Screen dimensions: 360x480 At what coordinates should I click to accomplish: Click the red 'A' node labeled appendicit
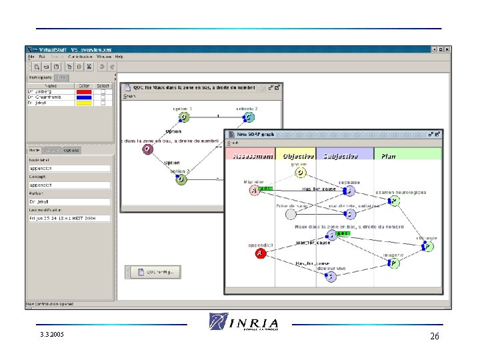pos(261,253)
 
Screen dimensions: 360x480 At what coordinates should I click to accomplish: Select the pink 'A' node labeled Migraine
pos(254,191)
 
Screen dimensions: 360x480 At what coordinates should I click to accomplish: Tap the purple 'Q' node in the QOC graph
pos(147,149)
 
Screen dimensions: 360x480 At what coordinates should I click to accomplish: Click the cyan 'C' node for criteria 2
pos(248,117)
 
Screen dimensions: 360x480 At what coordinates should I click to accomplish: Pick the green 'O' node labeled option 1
pos(183,117)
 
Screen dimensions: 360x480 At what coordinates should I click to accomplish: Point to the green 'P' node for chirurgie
pos(428,247)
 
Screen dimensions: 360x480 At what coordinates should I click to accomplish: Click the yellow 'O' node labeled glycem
pos(301,173)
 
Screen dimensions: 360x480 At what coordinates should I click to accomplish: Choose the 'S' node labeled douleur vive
pos(331,276)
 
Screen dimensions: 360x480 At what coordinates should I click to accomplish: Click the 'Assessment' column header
pos(250,156)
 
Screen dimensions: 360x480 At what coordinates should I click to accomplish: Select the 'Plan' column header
pos(388,156)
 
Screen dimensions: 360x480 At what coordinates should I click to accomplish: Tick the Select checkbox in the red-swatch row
pos(103,91)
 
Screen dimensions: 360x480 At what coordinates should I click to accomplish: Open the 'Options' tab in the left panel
pos(71,150)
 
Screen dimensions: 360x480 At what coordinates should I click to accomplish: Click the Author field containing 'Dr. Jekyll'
pos(69,201)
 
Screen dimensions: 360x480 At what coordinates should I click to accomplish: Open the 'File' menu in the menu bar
pos(31,57)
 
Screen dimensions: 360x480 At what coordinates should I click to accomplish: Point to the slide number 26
pos(434,337)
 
